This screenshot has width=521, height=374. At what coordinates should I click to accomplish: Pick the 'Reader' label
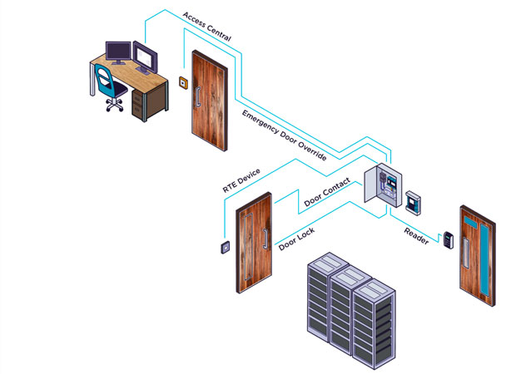pos(417,235)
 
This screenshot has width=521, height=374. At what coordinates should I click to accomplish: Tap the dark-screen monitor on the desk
pos(117,52)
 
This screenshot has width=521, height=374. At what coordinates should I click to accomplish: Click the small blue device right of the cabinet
pos(414,199)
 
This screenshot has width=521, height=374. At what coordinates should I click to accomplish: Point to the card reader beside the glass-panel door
pos(448,239)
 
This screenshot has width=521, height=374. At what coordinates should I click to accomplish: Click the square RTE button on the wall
pos(225,247)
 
